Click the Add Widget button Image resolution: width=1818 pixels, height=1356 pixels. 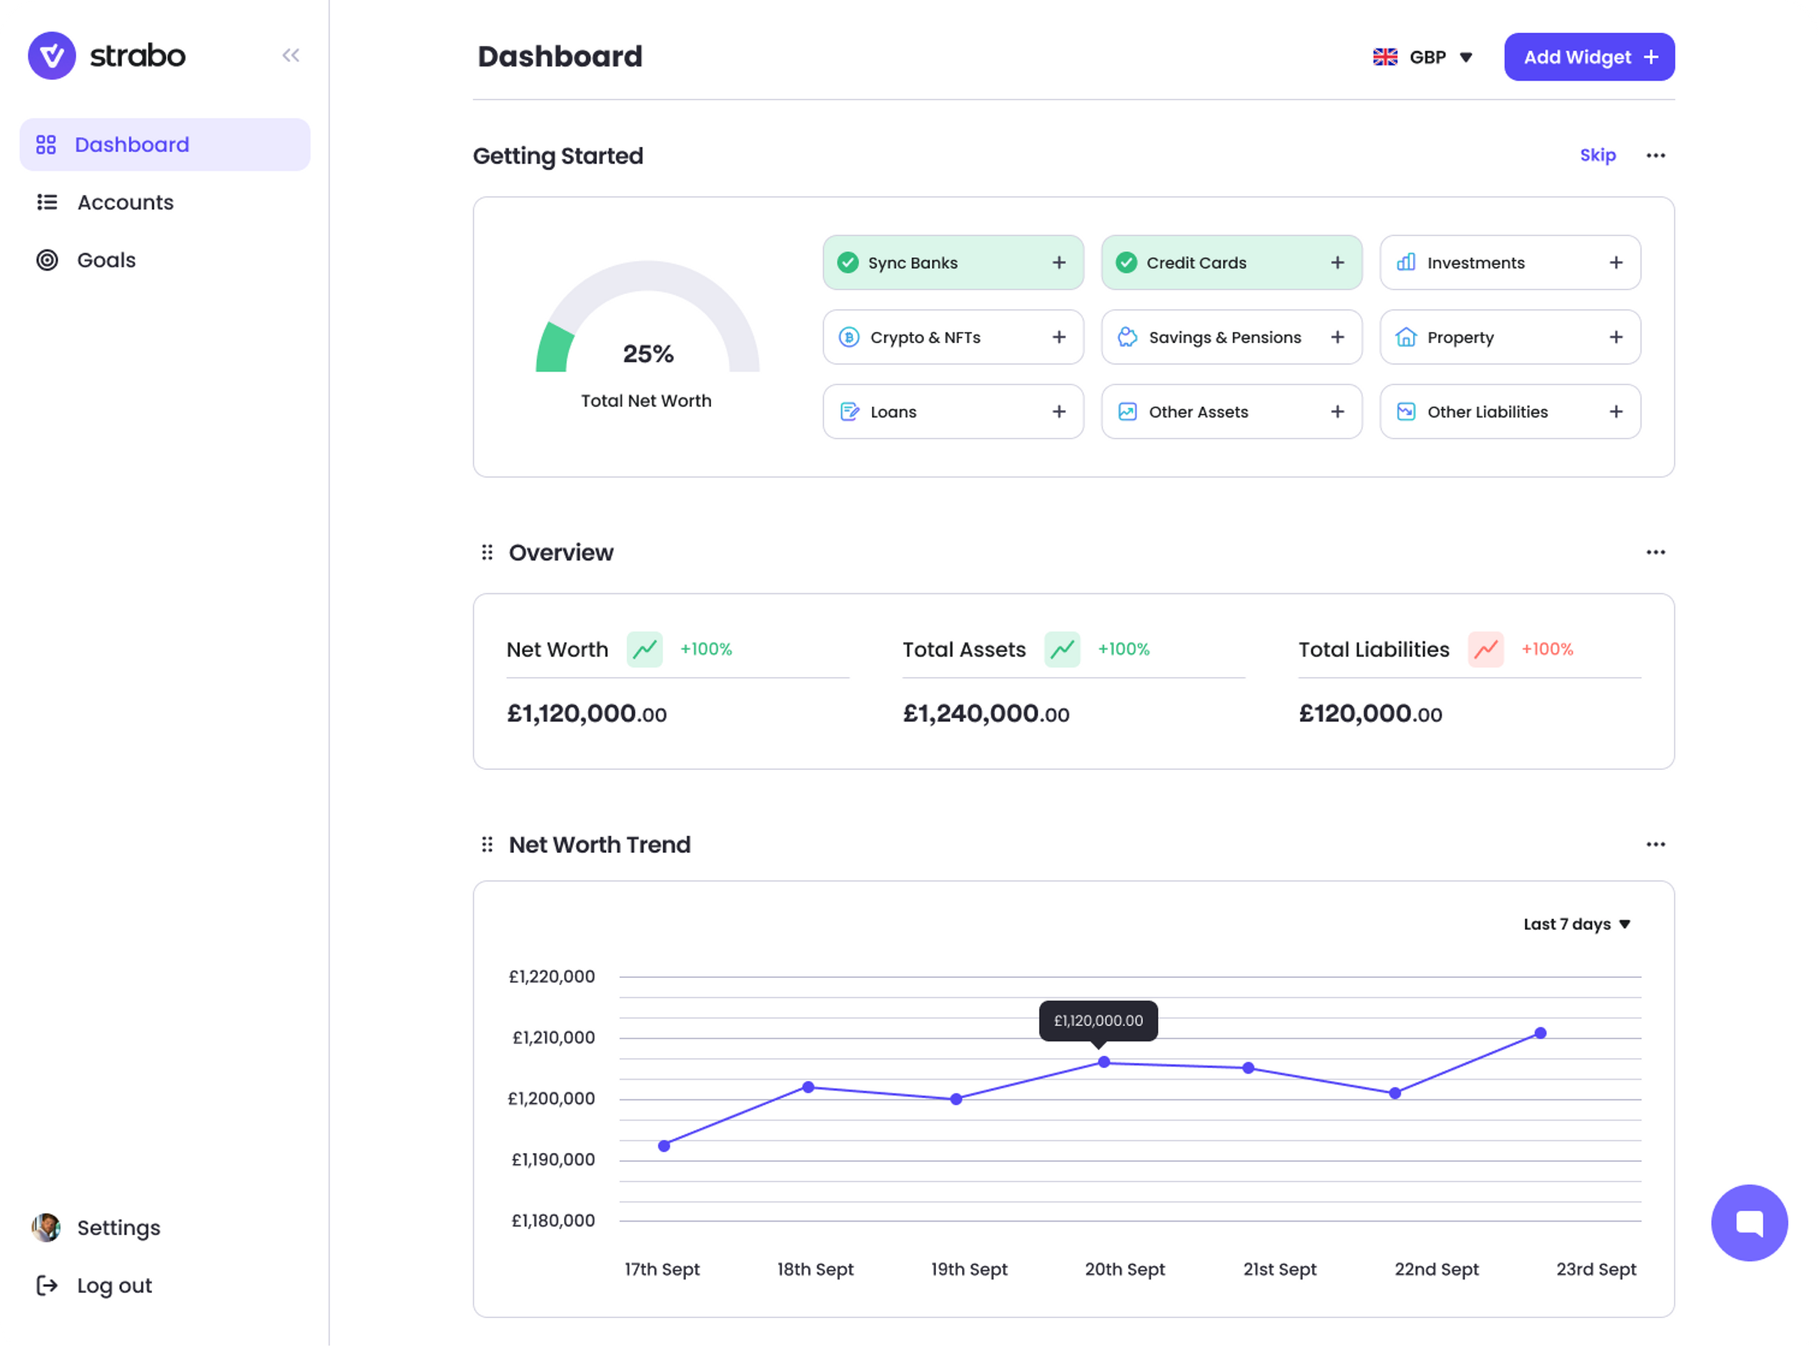coord(1589,57)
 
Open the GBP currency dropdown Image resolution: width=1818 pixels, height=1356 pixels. coord(1424,57)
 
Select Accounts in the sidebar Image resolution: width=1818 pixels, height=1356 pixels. coord(125,202)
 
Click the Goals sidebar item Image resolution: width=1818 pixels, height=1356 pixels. coord(106,260)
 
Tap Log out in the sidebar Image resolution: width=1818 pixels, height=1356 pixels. coord(113,1285)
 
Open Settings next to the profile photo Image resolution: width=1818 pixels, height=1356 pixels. coord(119,1227)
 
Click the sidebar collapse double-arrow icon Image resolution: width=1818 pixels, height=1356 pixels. coord(291,55)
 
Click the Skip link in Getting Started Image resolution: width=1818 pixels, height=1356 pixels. coord(1597,155)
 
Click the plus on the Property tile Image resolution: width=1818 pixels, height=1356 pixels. coord(1615,337)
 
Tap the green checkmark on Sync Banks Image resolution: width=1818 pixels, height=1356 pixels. coord(848,262)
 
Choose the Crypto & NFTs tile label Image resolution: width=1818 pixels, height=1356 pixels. coord(925,337)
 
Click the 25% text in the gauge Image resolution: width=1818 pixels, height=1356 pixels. coord(648,354)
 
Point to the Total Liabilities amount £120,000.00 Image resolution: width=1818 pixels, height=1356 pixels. coord(1370,713)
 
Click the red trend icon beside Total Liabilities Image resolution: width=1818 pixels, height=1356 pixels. coord(1486,649)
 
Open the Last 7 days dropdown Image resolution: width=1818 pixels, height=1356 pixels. coord(1577,924)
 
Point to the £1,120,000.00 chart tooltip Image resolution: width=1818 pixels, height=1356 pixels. coord(1098,1020)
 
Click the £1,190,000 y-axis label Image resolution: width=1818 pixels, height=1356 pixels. coord(553,1160)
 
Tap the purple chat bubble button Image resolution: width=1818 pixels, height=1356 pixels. coord(1749,1222)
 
